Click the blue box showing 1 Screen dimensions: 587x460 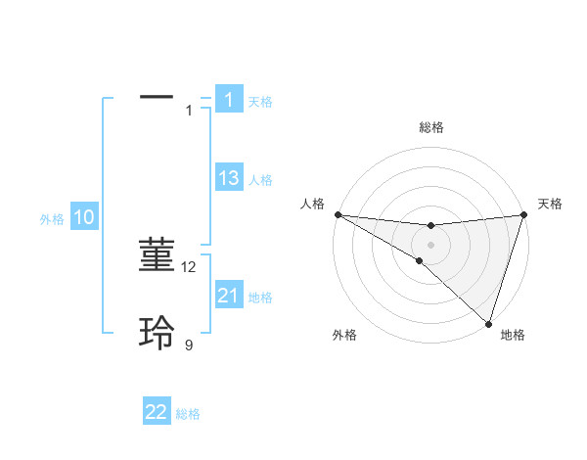click(x=229, y=99)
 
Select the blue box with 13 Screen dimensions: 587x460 click(x=229, y=178)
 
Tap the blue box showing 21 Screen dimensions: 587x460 click(x=229, y=295)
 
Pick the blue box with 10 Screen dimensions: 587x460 click(x=84, y=217)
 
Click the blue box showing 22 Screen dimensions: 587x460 click(x=157, y=412)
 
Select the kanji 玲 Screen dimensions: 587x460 click(x=157, y=333)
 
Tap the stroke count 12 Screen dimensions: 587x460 click(x=190, y=266)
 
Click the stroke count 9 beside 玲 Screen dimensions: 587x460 click(x=189, y=345)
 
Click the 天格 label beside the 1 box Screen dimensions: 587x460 click(x=260, y=102)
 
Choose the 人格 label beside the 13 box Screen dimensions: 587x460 click(x=260, y=180)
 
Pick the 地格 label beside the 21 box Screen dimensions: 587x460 click(x=260, y=298)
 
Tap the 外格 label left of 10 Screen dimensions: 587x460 click(x=52, y=219)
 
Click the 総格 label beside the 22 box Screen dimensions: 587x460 click(x=188, y=415)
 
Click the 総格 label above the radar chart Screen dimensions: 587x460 click(x=431, y=127)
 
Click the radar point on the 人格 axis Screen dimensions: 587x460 click(x=338, y=214)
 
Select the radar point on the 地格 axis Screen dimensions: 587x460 click(x=488, y=323)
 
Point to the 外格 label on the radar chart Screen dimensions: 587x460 click(x=344, y=335)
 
